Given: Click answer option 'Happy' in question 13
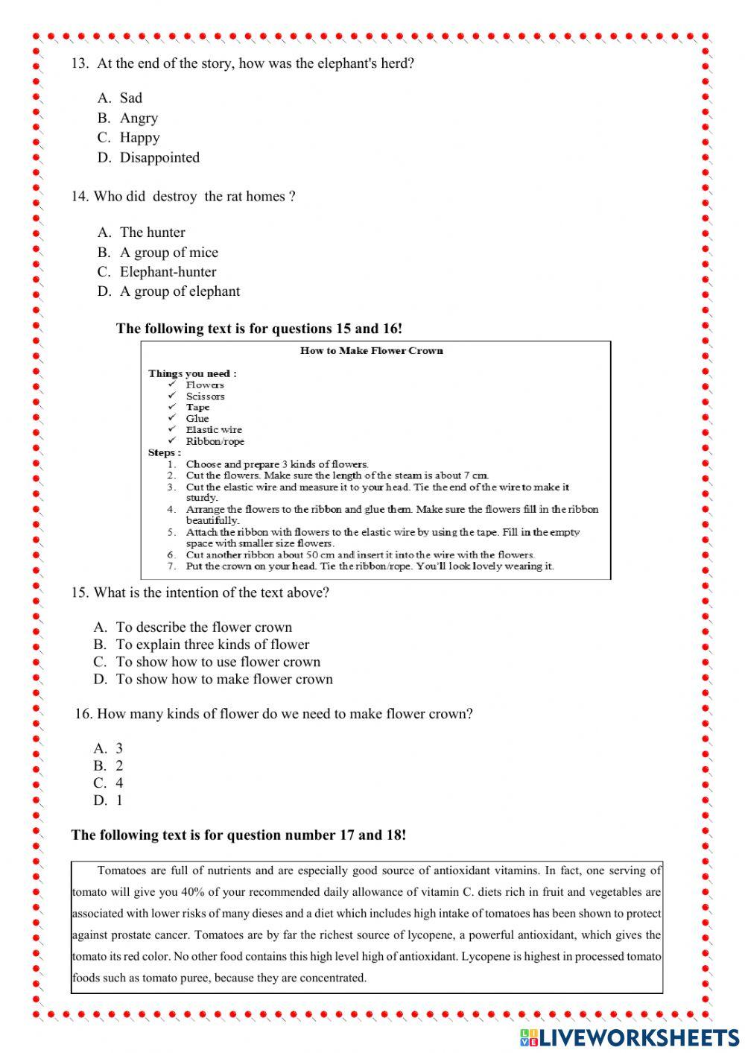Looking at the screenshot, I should click(x=139, y=138).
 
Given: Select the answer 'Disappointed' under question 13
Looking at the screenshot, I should click(x=159, y=158).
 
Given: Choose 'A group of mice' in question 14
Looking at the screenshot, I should click(x=168, y=253).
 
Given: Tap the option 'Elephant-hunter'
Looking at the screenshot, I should click(x=168, y=272).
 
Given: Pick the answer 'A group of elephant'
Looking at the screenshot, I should click(x=180, y=291).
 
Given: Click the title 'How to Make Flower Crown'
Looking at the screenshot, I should click(x=371, y=350).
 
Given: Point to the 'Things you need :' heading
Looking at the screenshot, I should click(x=192, y=373).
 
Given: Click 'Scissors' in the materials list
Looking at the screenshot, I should click(x=205, y=396).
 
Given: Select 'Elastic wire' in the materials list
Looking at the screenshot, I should click(x=214, y=430).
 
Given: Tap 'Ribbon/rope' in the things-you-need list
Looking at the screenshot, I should click(x=215, y=441).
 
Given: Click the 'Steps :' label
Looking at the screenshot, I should click(x=164, y=453).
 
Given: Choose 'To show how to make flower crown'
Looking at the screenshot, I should click(x=224, y=680).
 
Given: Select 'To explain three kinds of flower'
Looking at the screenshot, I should click(x=212, y=645).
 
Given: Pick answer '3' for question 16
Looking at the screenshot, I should click(x=119, y=748).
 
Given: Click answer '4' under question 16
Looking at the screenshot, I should click(x=119, y=783).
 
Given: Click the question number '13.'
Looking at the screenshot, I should click(x=80, y=64).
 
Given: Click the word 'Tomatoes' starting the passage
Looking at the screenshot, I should click(x=123, y=870).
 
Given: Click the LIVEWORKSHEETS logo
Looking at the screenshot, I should click(x=630, y=1037).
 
